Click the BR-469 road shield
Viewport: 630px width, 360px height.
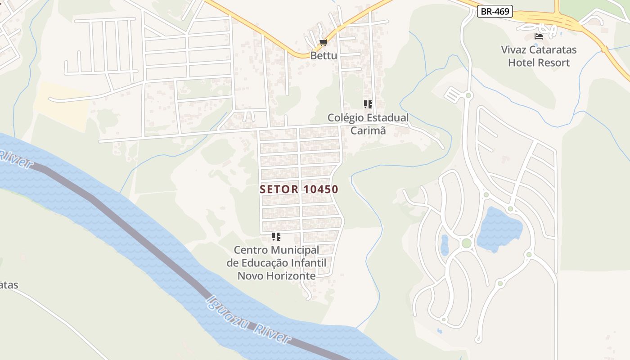[495, 12]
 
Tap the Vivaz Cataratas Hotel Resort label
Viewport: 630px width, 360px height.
[539, 56]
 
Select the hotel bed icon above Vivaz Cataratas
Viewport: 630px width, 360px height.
[538, 36]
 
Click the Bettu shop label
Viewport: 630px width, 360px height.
[323, 55]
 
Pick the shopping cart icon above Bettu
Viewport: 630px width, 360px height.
[323, 43]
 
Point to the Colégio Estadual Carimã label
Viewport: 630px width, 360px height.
[368, 124]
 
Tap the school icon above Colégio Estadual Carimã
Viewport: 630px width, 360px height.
[368, 104]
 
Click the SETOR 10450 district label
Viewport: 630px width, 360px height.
[299, 189]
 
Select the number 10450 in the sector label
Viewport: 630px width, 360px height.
[320, 189]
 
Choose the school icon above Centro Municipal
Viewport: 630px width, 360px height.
[276, 237]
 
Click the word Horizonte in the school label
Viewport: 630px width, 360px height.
[290, 276]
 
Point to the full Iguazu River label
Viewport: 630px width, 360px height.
[248, 320]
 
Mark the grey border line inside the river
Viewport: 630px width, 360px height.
[135, 234]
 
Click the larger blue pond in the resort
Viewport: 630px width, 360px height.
[499, 229]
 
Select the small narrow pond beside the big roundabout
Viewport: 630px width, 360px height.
[445, 245]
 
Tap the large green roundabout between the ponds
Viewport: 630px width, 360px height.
[467, 243]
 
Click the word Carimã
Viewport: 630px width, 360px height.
[368, 130]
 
